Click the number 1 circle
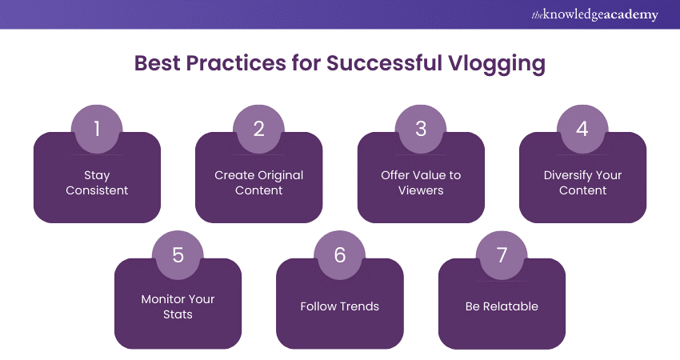[x=97, y=129]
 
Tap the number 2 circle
[x=259, y=129]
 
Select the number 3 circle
[x=421, y=129]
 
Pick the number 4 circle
[x=582, y=129]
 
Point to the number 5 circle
[x=178, y=254]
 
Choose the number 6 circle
[x=340, y=254]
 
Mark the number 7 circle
[x=502, y=254]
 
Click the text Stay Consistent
[x=97, y=182]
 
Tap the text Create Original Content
[x=259, y=182]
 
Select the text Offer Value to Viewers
[x=421, y=182]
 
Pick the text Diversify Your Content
[x=582, y=182]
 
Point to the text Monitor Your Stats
[x=178, y=306]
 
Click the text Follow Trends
[x=340, y=306]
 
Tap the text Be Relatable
[x=502, y=306]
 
